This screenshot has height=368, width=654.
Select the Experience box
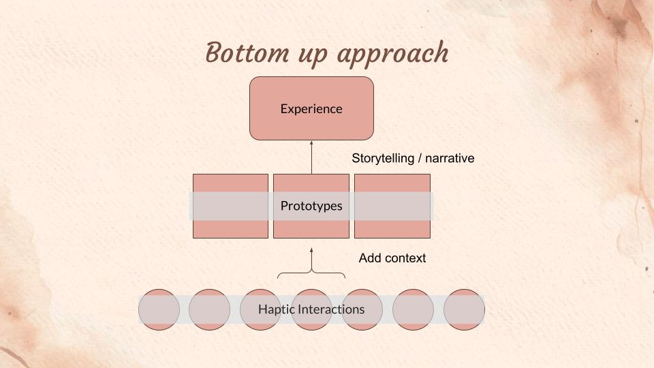tap(311, 108)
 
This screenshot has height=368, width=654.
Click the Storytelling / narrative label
tap(413, 158)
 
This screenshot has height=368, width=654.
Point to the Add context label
tap(392, 258)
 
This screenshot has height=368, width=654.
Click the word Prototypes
tap(311, 206)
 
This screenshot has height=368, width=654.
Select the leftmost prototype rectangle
tap(230, 184)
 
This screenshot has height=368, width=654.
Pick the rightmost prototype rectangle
tap(392, 184)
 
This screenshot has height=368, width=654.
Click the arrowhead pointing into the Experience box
tap(311, 143)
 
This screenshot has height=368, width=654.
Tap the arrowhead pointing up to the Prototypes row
tap(311, 251)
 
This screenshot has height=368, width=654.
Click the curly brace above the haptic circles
tap(311, 274)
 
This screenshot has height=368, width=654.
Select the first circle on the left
tap(159, 309)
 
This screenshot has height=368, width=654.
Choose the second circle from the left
tap(210, 309)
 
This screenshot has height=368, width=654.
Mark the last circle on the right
tap(464, 309)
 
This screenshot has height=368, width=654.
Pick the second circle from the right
tap(413, 309)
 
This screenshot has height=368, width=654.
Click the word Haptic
tap(276, 309)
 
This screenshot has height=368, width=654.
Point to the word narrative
tap(449, 158)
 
